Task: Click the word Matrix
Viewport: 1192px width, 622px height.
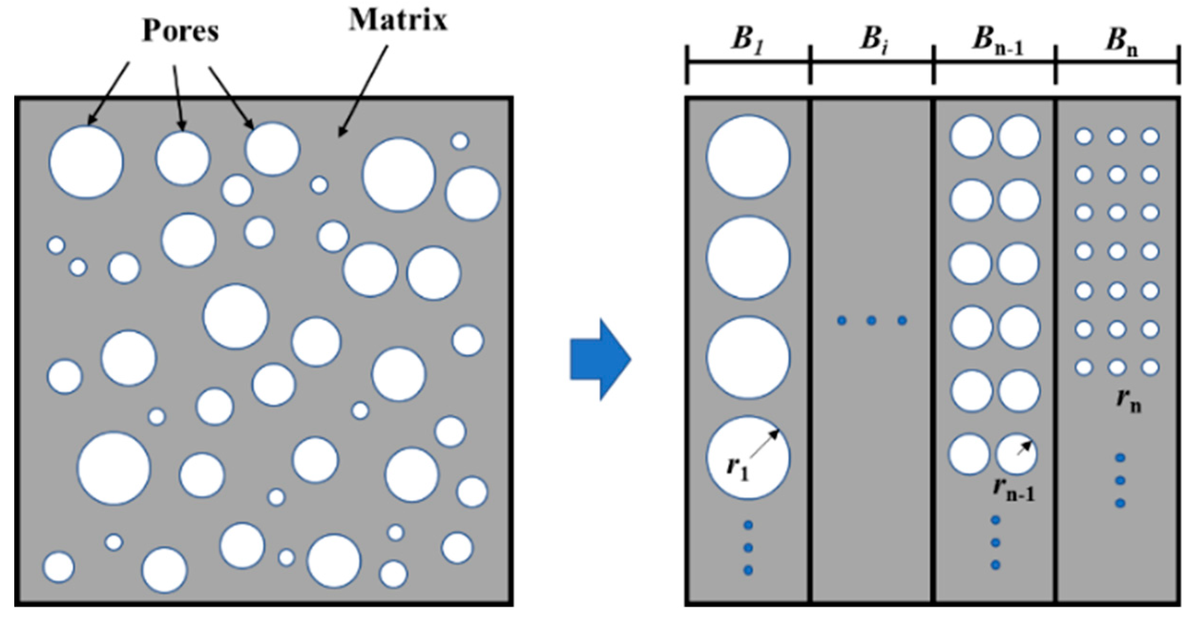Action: point(398,20)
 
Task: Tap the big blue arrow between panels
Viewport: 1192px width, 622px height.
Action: point(600,359)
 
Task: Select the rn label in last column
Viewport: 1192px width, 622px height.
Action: point(1129,401)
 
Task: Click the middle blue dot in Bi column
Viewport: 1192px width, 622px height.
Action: point(872,320)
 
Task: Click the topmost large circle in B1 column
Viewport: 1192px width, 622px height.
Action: point(748,157)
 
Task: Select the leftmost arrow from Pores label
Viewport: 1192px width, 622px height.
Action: point(108,94)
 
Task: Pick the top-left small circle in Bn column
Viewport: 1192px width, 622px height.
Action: point(1083,136)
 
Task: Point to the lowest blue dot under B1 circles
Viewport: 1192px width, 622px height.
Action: point(748,570)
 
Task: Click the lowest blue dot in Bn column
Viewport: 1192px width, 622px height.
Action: point(1121,503)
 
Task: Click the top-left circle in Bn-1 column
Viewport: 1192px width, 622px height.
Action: point(971,136)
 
